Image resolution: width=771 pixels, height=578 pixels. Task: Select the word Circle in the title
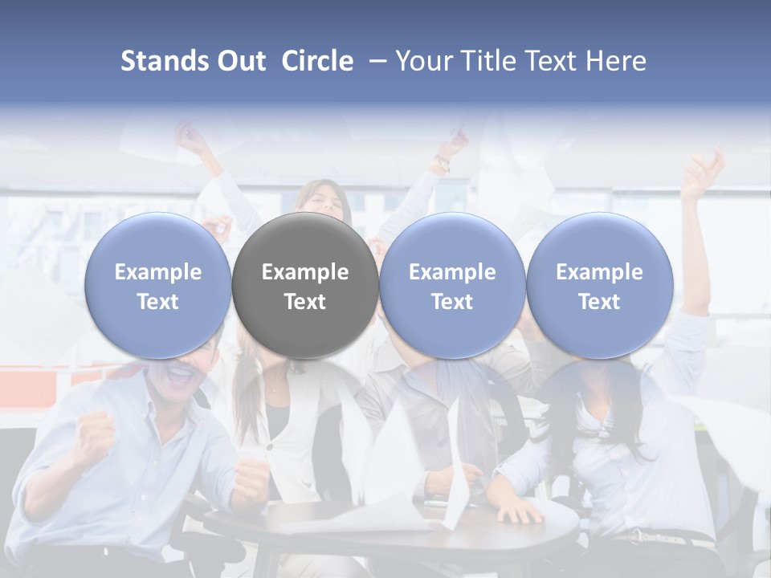tap(317, 61)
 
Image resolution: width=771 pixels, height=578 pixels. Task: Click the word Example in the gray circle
tap(305, 272)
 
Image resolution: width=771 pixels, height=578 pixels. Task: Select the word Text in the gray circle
tap(305, 302)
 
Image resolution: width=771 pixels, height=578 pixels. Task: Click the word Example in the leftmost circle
tap(158, 272)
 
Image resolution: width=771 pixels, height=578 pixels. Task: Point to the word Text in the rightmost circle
tap(599, 302)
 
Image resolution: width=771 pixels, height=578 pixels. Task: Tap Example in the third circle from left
tap(452, 272)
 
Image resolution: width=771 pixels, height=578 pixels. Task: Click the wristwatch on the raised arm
tap(439, 165)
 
